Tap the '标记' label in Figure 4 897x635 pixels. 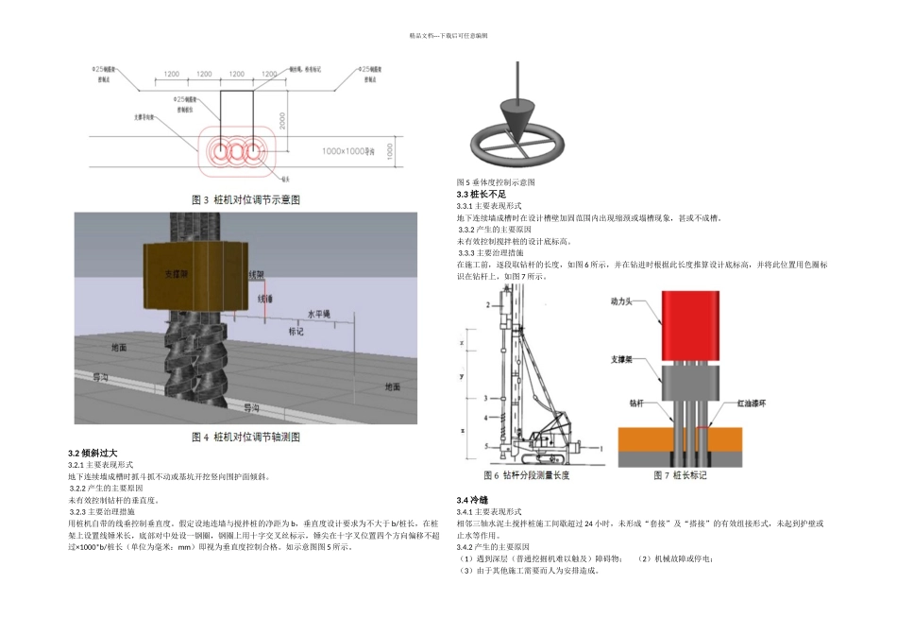point(297,332)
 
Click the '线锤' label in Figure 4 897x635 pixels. point(266,298)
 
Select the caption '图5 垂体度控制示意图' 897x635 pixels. point(496,182)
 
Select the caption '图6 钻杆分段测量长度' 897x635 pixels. point(526,474)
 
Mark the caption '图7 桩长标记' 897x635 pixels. point(680,474)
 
